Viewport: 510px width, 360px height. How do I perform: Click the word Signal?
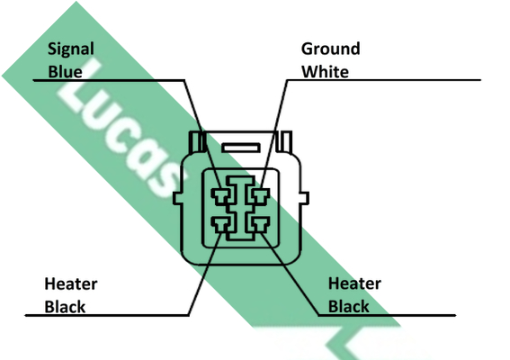71,49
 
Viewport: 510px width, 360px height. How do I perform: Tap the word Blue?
65,72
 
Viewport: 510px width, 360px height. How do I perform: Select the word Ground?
330,49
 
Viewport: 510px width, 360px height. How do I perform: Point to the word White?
326,72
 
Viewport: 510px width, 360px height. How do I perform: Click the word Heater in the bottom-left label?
71,283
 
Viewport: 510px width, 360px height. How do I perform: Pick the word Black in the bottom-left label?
65,307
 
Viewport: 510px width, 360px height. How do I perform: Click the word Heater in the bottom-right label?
354,283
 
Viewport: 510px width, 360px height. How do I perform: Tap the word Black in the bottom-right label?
349,306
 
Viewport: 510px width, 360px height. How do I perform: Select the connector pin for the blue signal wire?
221,196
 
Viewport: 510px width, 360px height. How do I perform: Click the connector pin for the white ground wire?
260,196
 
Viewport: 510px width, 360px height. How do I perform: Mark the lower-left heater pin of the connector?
221,225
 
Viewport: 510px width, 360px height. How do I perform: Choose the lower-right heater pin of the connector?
260,225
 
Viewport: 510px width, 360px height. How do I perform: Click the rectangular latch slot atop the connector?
241,148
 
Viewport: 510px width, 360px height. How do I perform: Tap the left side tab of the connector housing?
177,198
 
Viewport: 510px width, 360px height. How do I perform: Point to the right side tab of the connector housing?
304,198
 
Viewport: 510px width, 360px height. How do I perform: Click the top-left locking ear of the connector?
197,141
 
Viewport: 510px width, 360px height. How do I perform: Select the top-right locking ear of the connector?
284,141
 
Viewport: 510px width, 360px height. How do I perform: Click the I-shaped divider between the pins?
241,209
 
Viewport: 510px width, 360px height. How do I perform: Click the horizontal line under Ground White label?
384,80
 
